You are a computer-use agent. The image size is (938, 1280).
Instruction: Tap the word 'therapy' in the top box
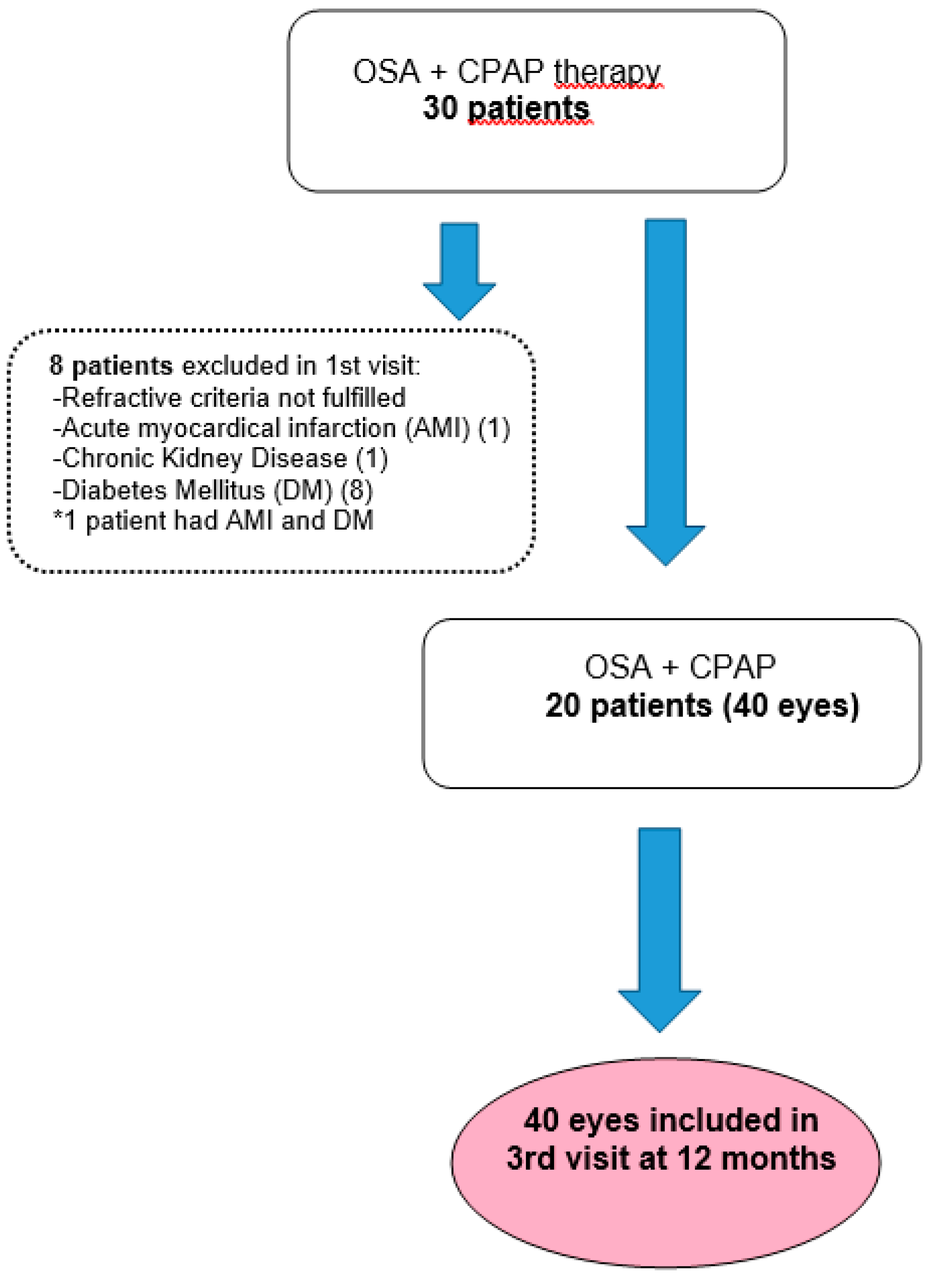pos(607,73)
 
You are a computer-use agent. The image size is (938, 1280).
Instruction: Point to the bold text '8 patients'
pos(111,366)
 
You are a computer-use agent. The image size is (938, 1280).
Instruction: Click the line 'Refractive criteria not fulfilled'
pos(230,397)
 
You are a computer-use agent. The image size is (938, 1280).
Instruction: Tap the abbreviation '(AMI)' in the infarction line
pos(437,428)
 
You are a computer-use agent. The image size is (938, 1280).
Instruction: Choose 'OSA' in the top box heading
pos(386,73)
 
